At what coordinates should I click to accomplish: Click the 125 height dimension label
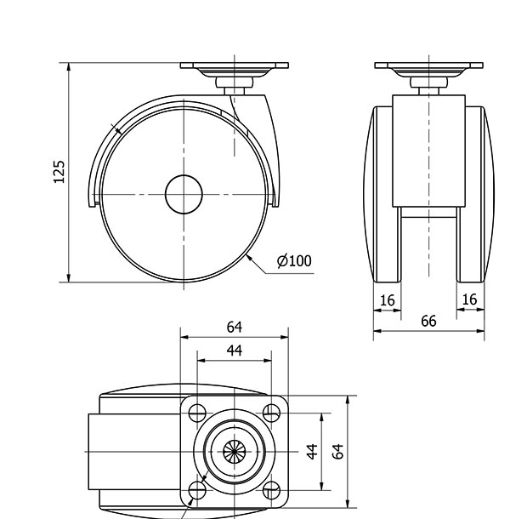59,172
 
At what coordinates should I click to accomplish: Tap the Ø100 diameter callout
294,261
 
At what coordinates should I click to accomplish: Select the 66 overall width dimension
428,321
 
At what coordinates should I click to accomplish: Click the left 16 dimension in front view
387,300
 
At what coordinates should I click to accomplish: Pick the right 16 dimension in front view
469,299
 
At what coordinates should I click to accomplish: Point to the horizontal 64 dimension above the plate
234,327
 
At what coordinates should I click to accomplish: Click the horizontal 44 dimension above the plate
234,351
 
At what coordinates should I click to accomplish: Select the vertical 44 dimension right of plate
312,452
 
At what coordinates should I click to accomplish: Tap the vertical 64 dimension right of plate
337,452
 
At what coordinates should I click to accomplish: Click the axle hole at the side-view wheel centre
184,194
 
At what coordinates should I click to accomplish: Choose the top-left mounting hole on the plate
197,413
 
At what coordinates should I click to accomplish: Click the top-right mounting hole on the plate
271,413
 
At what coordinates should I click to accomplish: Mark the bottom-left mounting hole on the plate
197,490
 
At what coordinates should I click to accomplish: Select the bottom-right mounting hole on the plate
271,490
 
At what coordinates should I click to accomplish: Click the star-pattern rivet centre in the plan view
234,452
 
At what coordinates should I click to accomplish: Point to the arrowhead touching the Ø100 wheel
249,258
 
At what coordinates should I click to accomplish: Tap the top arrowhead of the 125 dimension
69,66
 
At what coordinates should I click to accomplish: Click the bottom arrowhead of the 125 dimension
69,278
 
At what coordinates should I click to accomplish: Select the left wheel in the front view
382,194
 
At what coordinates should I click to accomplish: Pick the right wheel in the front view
475,194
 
